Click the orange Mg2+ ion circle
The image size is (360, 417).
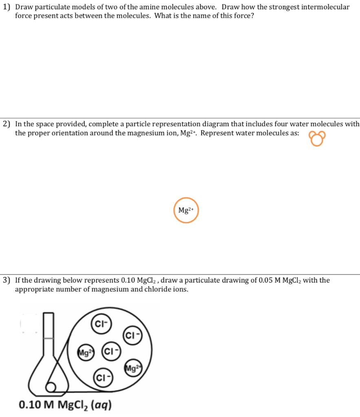pos(186,210)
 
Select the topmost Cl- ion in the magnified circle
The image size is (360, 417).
pos(100,324)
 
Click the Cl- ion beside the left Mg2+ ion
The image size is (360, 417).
pos(110,352)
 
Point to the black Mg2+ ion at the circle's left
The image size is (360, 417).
pos(86,352)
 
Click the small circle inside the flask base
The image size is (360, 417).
pos(51,387)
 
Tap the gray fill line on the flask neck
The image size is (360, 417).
pos(49,338)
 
